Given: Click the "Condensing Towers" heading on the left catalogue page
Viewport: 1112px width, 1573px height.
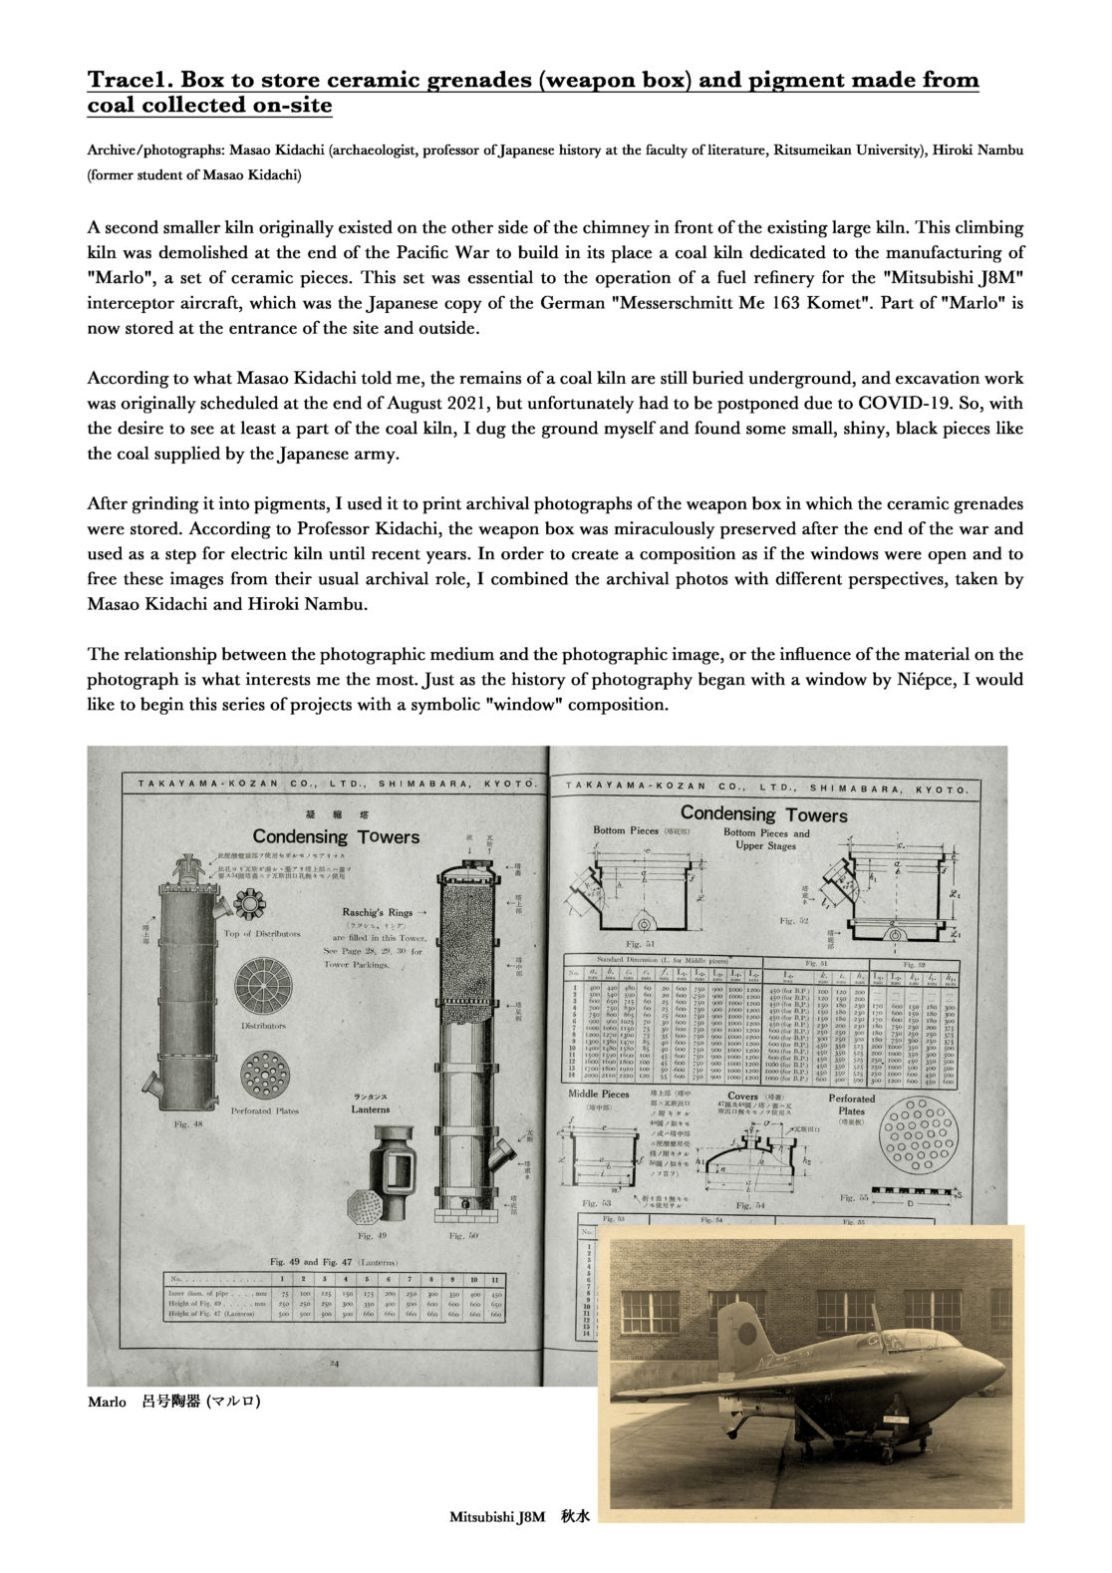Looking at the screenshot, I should tap(336, 835).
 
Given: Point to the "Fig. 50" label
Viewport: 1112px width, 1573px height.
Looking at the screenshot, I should tap(467, 1234).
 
